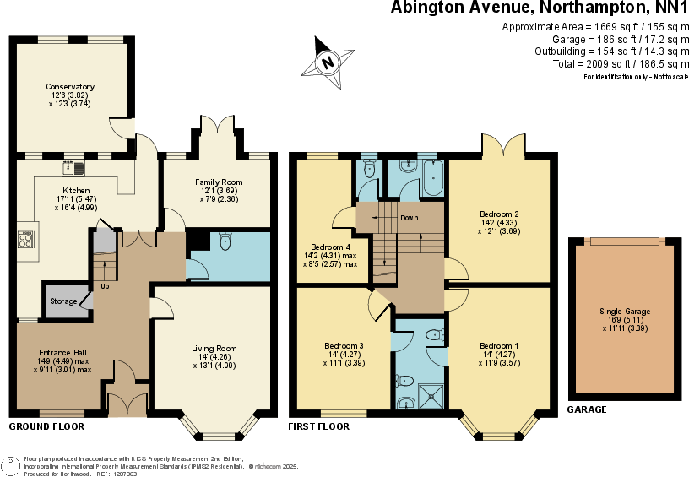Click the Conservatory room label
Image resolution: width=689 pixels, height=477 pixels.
tap(70, 87)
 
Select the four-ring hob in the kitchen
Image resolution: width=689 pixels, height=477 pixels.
tap(25, 241)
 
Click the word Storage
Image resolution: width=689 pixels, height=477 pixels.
tap(63, 301)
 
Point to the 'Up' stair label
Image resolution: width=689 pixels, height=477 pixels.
tap(105, 286)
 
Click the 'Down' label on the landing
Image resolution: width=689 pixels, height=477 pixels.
tap(410, 218)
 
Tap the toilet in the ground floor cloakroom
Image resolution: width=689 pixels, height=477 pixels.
tap(224, 242)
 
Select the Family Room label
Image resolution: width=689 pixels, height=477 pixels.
tap(219, 182)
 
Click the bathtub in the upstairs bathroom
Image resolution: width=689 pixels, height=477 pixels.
tap(431, 178)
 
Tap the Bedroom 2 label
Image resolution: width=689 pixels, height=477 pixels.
tap(499, 214)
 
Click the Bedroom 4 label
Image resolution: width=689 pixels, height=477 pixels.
tap(329, 247)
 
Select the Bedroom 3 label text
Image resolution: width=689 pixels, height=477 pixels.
tap(344, 346)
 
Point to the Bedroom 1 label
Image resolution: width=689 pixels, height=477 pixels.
tap(499, 346)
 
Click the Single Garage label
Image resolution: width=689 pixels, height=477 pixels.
tap(626, 312)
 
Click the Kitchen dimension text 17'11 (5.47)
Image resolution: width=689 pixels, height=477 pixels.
tap(75, 199)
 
